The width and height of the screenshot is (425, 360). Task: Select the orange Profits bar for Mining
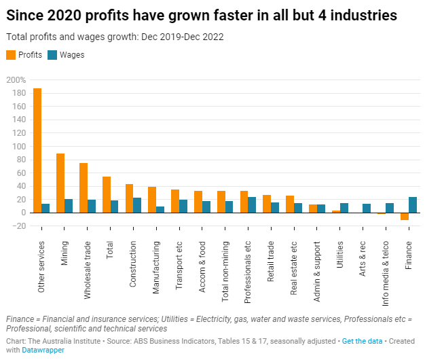click(x=60, y=183)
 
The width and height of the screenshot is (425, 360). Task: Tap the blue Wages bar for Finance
click(x=413, y=204)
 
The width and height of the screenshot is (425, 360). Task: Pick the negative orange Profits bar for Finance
click(x=405, y=216)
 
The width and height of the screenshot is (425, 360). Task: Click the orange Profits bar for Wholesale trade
click(x=84, y=187)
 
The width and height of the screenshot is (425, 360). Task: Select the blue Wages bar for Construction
click(x=137, y=205)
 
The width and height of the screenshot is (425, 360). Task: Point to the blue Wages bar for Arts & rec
click(x=367, y=208)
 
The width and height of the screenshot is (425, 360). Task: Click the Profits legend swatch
click(x=10, y=55)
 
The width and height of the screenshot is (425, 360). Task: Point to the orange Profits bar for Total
click(x=107, y=194)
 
